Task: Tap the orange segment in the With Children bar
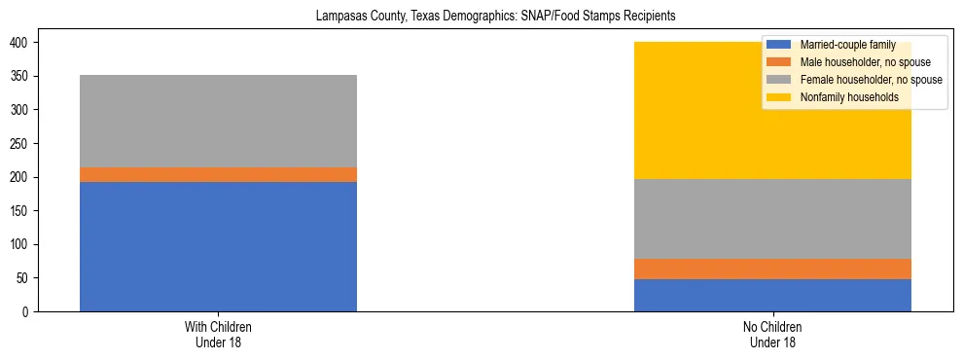218,174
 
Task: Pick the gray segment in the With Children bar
218,121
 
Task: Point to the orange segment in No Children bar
772,269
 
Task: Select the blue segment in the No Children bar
772,295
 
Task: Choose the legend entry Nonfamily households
847,97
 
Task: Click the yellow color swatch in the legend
778,97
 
